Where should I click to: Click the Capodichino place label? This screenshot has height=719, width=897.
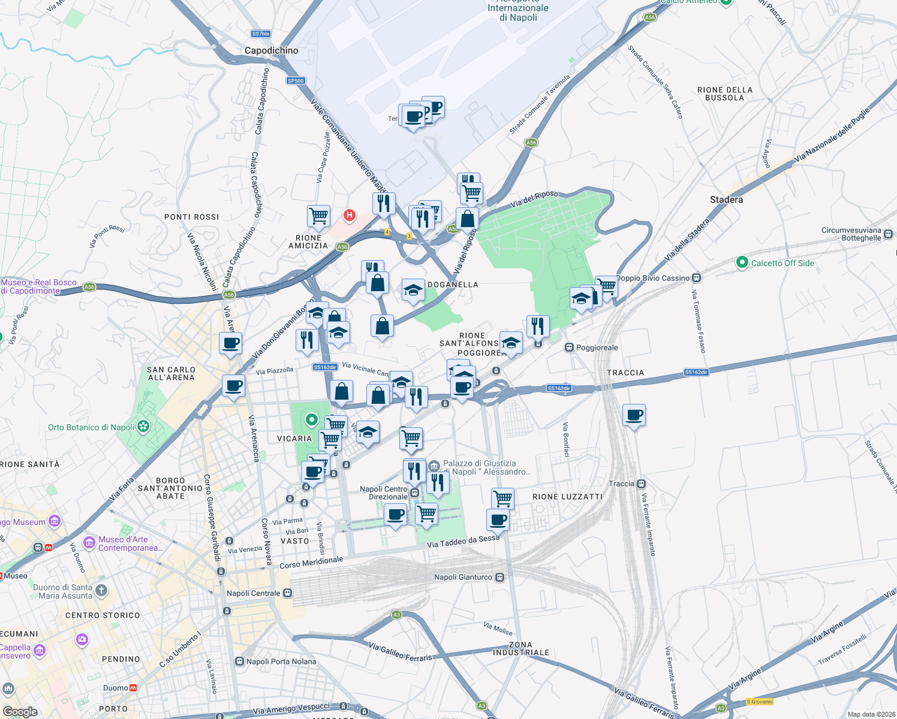pyautogui.click(x=271, y=51)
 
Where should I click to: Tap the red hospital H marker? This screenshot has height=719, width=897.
pyautogui.click(x=349, y=215)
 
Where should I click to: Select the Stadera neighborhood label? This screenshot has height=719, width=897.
pyautogui.click(x=726, y=200)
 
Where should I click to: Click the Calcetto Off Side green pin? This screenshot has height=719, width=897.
pyautogui.click(x=742, y=262)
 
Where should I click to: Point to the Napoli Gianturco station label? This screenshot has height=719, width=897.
pyautogui.click(x=463, y=577)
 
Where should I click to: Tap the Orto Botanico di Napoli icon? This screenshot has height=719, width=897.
pyautogui.click(x=143, y=427)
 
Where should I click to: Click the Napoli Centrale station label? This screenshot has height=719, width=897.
pyautogui.click(x=254, y=593)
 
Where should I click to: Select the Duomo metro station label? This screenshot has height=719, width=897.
pyautogui.click(x=116, y=688)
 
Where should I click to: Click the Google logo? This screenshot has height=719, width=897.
pyautogui.click(x=20, y=712)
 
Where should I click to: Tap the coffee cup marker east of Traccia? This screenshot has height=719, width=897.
pyautogui.click(x=634, y=415)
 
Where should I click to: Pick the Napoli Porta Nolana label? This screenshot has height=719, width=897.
pyautogui.click(x=281, y=661)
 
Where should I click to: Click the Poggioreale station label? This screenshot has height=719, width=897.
pyautogui.click(x=597, y=348)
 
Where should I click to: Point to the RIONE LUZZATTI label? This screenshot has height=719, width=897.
pyautogui.click(x=567, y=497)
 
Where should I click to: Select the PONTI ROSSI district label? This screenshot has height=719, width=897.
pyautogui.click(x=192, y=217)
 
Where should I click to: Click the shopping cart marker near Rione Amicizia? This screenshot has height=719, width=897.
pyautogui.click(x=319, y=216)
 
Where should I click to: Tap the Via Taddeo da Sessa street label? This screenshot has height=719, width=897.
pyautogui.click(x=463, y=542)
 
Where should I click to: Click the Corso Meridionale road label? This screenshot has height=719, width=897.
pyautogui.click(x=311, y=563)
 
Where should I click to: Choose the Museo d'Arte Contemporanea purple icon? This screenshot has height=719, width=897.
pyautogui.click(x=89, y=543)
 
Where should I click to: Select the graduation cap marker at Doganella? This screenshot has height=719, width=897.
pyautogui.click(x=413, y=291)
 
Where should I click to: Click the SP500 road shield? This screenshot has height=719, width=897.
pyautogui.click(x=296, y=81)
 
